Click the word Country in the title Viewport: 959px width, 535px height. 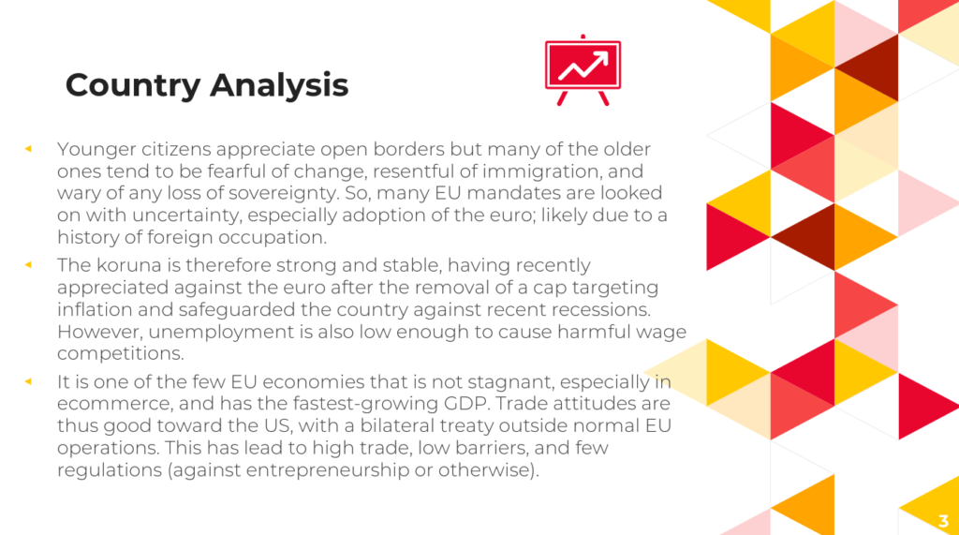point(133,85)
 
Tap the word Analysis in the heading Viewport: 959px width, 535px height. point(279,84)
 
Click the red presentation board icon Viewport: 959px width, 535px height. point(583,70)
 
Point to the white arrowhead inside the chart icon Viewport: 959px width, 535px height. point(602,58)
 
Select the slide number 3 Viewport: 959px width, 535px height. point(943,521)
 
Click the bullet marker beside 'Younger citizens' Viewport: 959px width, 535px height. point(28,149)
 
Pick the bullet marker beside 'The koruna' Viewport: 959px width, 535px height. point(28,265)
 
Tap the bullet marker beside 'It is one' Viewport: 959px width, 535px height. point(28,381)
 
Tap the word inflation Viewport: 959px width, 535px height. point(95,309)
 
